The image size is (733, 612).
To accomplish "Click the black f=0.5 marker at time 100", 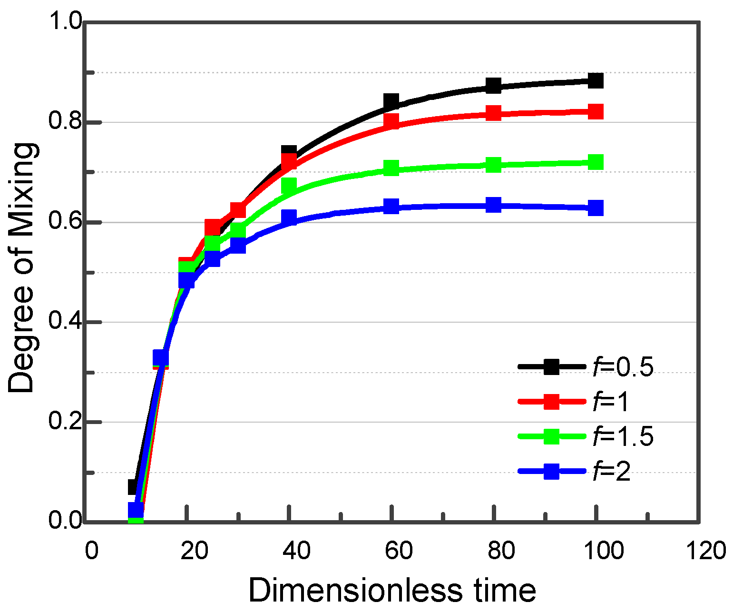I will [595, 80].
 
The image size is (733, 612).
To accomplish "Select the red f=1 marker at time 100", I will [595, 112].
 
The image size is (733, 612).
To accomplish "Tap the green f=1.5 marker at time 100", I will [595, 162].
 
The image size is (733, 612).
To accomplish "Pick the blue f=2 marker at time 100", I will [595, 208].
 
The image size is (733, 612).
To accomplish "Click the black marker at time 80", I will [494, 86].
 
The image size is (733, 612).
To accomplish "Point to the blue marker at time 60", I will [391, 206].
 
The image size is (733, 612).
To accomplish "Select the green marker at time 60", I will [391, 168].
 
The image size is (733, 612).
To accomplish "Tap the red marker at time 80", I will [494, 113].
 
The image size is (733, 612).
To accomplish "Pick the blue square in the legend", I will [551, 472].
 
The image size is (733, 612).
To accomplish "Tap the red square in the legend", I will [551, 402].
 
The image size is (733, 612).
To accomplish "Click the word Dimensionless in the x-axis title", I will [355, 591].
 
